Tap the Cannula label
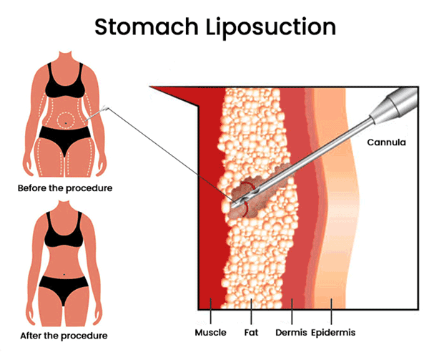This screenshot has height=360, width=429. tap(386, 142)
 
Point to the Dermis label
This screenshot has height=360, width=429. tap(296, 332)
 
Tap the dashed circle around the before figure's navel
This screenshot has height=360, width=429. tap(65, 121)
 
